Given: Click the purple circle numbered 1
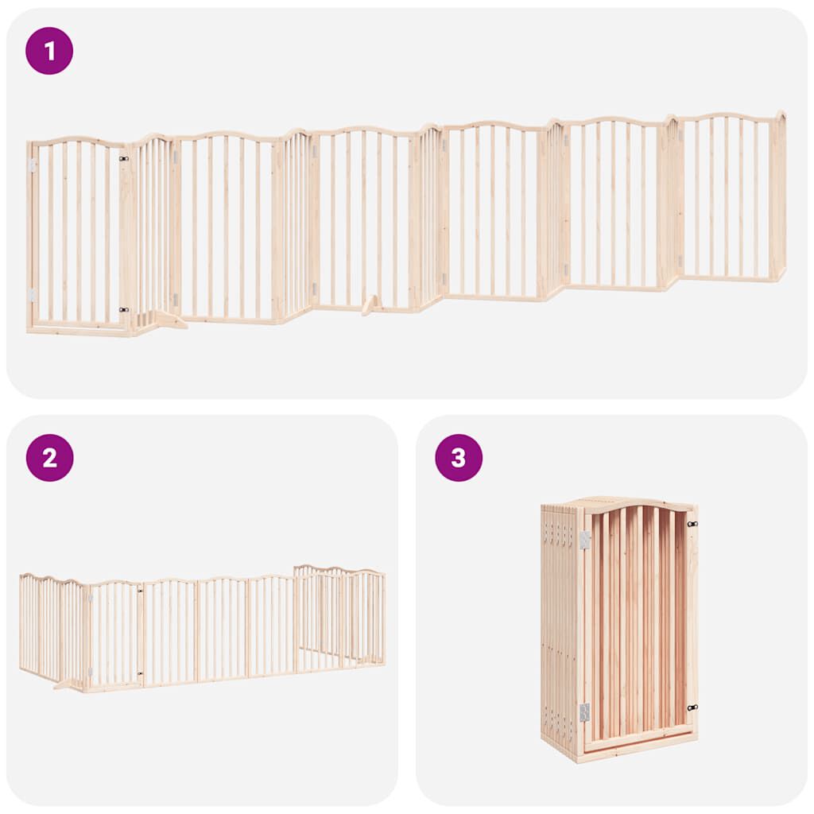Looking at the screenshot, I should pos(49,51).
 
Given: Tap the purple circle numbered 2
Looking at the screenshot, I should pos(49,457).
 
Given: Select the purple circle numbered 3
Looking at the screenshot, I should pos(459,457).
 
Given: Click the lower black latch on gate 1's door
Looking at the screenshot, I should pos(124,310).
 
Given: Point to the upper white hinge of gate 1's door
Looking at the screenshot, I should pos(33,165).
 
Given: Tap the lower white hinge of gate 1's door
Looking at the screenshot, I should pos(33,295).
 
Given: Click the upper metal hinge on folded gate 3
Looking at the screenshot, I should pos(584,541).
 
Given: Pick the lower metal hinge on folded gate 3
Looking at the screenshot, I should pos(584,711).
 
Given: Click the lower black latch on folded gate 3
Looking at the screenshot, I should pos(692,706).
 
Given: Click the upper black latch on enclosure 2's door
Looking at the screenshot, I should pos(140,590).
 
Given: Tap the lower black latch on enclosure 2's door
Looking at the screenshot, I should pos(140,674).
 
